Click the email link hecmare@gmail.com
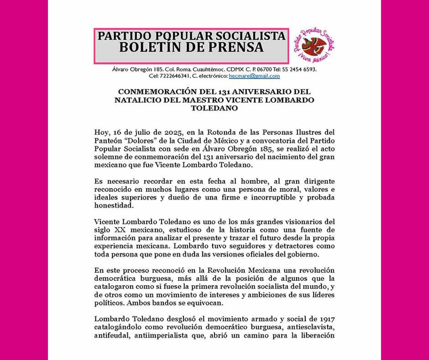254,76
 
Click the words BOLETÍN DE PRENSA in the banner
191,47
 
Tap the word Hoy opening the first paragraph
100,132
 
